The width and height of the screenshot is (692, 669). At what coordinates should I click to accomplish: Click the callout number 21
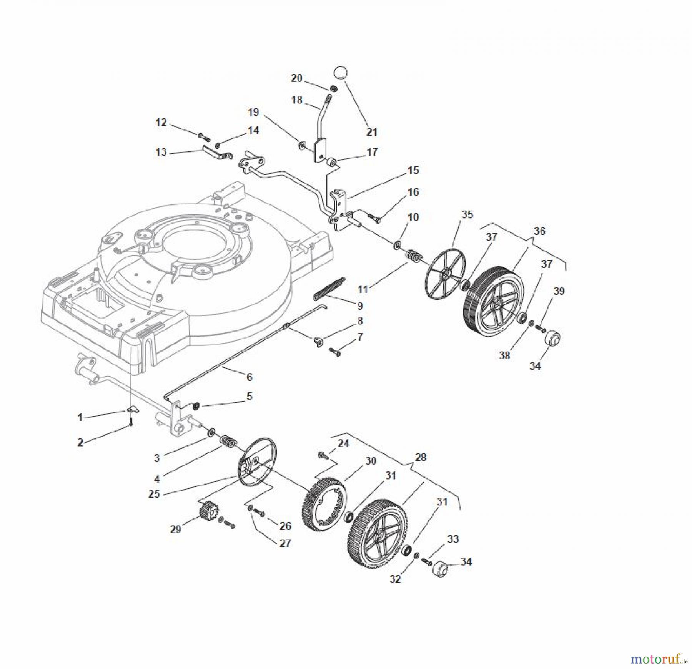[x=372, y=132]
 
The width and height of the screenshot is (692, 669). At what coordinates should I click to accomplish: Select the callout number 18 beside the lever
[x=297, y=100]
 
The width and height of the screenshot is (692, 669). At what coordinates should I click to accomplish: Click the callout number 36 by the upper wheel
[x=539, y=231]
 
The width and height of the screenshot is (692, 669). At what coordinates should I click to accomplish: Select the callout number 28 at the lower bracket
[x=421, y=457]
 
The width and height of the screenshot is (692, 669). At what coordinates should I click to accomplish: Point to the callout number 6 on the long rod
[x=249, y=377]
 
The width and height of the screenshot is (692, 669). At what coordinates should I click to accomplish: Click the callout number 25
[x=154, y=494]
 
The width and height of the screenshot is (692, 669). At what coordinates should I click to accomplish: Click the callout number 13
[x=161, y=152]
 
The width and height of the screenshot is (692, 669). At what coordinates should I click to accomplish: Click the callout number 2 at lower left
[x=80, y=443]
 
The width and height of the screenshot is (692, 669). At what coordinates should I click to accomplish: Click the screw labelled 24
[x=322, y=455]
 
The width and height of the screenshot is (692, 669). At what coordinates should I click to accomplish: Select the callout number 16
[x=413, y=192]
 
